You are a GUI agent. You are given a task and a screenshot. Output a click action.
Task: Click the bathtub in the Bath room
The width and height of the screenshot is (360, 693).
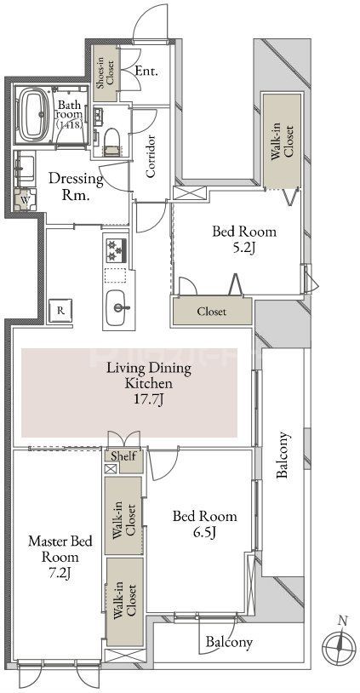[34, 114]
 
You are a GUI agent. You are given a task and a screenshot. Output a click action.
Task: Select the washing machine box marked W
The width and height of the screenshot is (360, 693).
[24, 199]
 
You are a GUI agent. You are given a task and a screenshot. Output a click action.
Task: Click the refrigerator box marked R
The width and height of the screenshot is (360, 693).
[60, 311]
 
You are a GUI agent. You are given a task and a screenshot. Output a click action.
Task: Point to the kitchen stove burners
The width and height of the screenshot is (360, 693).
[117, 250]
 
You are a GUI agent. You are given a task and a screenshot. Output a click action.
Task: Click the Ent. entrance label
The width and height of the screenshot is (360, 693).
[146, 72]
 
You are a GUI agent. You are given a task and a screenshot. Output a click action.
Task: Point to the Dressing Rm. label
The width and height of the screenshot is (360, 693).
[76, 187]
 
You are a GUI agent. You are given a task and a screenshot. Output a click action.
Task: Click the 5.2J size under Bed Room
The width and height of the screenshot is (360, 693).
[243, 249]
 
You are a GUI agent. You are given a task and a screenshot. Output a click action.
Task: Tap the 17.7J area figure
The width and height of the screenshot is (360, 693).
[149, 401]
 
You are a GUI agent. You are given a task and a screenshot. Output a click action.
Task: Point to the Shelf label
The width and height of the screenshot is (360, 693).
[123, 456]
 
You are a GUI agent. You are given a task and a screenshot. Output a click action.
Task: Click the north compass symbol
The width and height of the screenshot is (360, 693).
[339, 643]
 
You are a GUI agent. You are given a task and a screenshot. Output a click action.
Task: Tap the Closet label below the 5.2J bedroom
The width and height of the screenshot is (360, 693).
[212, 312]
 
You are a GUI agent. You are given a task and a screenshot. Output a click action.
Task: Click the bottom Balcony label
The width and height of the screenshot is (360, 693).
[229, 641]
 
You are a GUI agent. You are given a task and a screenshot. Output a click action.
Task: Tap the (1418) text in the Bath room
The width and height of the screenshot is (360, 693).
[71, 125]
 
